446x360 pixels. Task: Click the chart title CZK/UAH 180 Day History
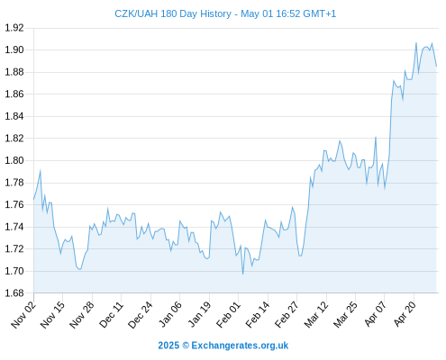(173, 13)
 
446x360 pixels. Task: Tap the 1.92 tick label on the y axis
(14, 28)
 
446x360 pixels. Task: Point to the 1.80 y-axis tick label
(14, 160)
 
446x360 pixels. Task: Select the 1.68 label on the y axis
(14, 293)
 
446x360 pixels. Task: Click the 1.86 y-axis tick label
(14, 94)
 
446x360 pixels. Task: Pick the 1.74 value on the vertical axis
(14, 227)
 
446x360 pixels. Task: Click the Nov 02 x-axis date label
(23, 315)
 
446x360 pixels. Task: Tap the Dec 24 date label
(141, 315)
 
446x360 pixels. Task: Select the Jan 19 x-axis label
(199, 315)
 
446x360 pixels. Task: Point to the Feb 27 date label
(287, 315)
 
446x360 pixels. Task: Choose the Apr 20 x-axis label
(405, 315)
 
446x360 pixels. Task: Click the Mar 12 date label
(316, 315)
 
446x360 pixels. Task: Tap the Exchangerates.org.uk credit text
(240, 346)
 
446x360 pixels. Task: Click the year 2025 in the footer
(168, 346)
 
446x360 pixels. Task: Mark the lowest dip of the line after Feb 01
(242, 274)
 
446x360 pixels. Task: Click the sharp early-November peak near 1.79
(41, 171)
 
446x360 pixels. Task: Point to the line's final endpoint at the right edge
(436, 66)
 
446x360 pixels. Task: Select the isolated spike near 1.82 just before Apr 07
(376, 138)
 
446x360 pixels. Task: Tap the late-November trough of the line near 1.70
(79, 269)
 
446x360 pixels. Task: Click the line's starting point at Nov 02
(33, 199)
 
